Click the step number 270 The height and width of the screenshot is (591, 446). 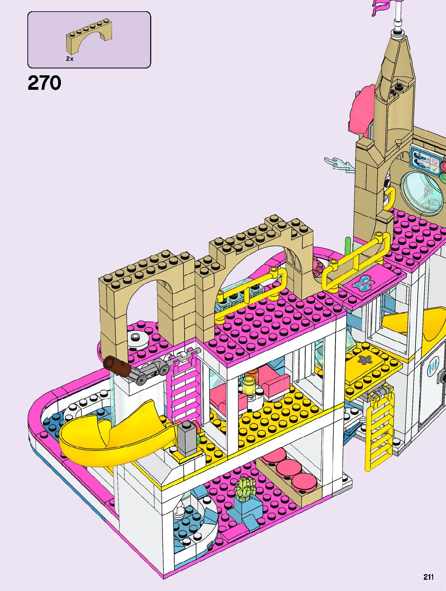44,83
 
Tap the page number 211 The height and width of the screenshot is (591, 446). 429,577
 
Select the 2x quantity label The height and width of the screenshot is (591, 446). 70,59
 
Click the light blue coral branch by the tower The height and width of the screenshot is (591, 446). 339,165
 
